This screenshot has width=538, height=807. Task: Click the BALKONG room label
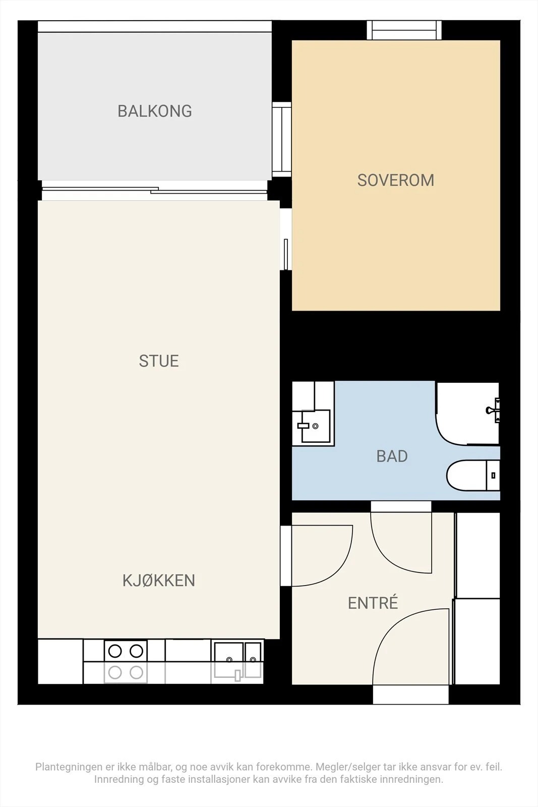(x=155, y=111)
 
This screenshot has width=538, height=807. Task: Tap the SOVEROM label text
(x=396, y=181)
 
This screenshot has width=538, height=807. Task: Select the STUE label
(x=159, y=361)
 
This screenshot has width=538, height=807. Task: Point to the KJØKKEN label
(x=159, y=581)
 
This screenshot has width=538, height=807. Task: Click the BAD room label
(x=392, y=456)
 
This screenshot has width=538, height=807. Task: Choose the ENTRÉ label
(x=373, y=603)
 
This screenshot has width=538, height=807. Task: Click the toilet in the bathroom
(x=473, y=475)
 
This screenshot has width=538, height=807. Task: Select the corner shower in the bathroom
(x=467, y=414)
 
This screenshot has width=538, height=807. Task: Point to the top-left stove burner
(x=115, y=651)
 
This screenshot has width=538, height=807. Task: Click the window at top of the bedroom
(x=404, y=30)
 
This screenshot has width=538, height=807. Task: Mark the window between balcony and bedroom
(x=281, y=139)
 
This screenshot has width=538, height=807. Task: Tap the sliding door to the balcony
(x=154, y=191)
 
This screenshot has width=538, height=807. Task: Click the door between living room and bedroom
(x=286, y=254)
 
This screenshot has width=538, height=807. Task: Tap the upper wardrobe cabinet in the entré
(x=477, y=555)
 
